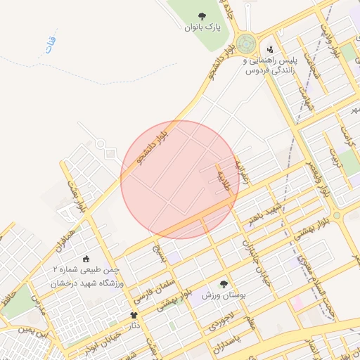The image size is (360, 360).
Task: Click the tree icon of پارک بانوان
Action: click(x=202, y=15)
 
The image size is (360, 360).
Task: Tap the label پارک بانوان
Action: click(x=202, y=27)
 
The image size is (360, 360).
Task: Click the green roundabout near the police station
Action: click(x=247, y=44)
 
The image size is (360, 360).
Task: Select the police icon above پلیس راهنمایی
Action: click(x=271, y=50)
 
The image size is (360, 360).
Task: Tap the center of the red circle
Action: click(x=179, y=179)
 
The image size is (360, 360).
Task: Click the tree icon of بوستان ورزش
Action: click(x=224, y=285)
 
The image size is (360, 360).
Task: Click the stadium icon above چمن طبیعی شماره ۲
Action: click(x=86, y=258)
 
